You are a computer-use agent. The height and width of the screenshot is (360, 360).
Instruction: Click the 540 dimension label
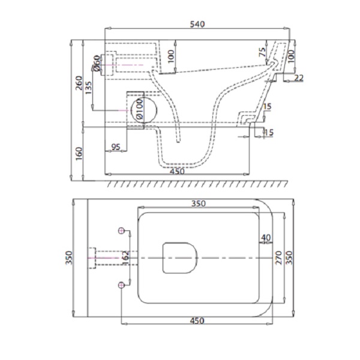pos(197,24)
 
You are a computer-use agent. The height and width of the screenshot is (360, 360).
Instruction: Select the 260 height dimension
pos(79,83)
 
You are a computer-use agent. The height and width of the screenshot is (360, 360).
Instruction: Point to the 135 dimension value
pos(88,88)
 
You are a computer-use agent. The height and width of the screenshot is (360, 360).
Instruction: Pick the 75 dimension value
pos(262,52)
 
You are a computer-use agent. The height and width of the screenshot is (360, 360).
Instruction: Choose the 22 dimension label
pos(299,78)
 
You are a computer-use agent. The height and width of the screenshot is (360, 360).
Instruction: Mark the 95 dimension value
pos(115,147)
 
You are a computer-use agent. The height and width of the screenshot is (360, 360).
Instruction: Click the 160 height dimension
pos(79,154)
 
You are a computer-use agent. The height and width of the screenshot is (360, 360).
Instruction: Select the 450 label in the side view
pos(178,171)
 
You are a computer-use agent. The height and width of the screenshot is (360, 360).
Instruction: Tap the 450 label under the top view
pos(197,320)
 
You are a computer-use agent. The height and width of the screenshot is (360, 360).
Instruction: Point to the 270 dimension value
pos(278,257)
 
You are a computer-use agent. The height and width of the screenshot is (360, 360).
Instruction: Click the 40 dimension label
pos(266,238)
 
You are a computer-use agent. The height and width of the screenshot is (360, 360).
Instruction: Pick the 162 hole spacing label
pos(126,257)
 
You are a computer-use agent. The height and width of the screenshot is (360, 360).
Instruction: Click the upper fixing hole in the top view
pos(121,230)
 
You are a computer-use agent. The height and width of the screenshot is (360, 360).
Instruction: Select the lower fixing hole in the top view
pos(121,285)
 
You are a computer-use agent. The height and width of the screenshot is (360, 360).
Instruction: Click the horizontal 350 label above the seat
pos(199,203)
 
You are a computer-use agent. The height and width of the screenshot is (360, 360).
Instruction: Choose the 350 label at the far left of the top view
pos(69,257)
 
